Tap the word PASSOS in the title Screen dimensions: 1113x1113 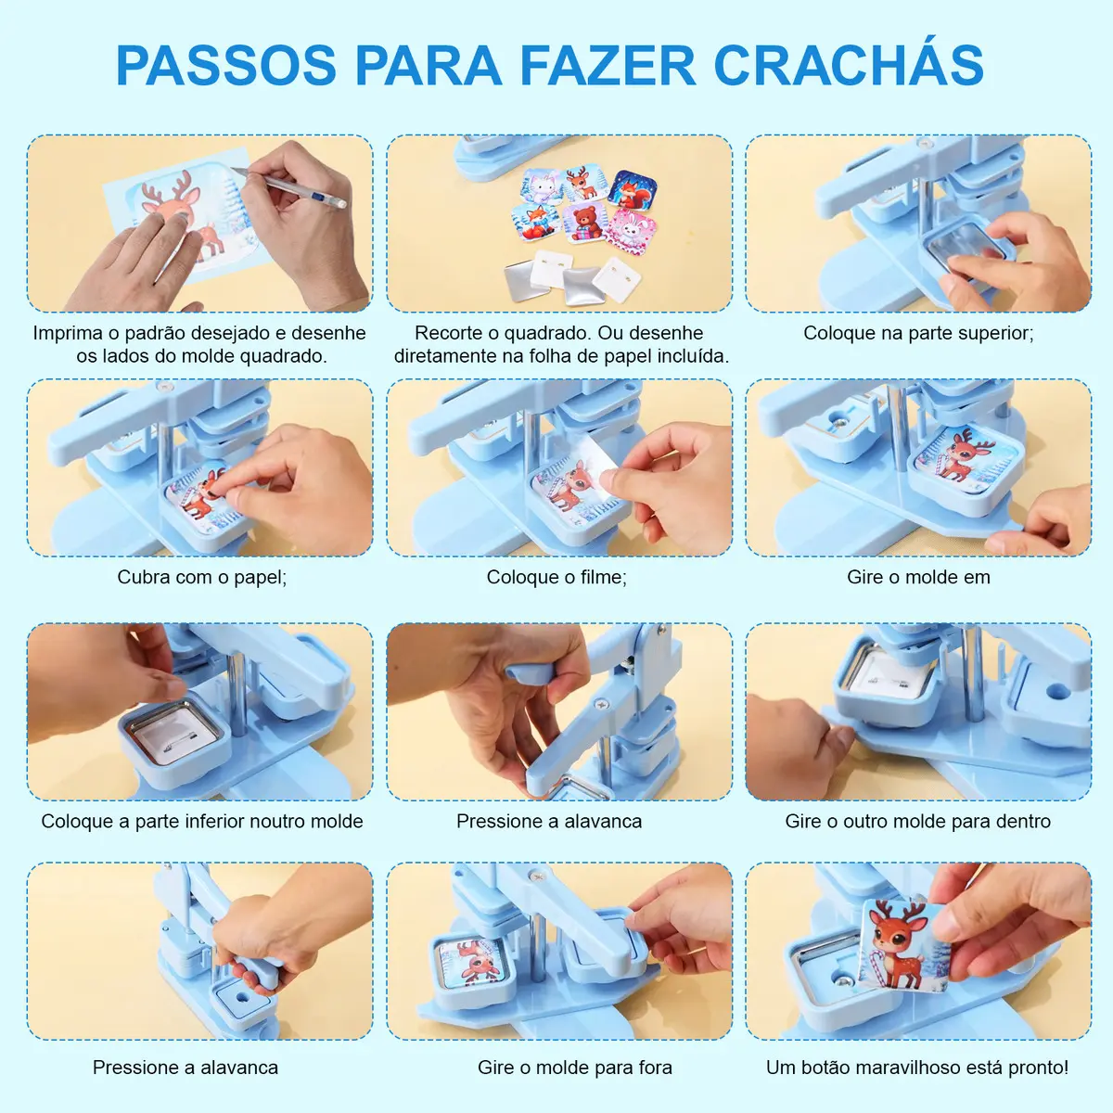click(x=226, y=65)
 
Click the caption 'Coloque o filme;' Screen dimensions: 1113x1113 click(x=556, y=576)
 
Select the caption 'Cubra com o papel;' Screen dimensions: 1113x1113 click(x=202, y=576)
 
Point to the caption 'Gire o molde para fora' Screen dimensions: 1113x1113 click(x=575, y=1068)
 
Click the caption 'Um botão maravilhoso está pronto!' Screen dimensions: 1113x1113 click(x=917, y=1068)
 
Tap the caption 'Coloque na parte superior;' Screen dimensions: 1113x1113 click(x=918, y=333)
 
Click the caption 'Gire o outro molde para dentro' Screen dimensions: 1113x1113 click(x=918, y=821)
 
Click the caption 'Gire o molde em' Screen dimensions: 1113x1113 click(x=918, y=576)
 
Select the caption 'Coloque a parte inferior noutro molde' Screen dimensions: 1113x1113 click(x=202, y=821)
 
